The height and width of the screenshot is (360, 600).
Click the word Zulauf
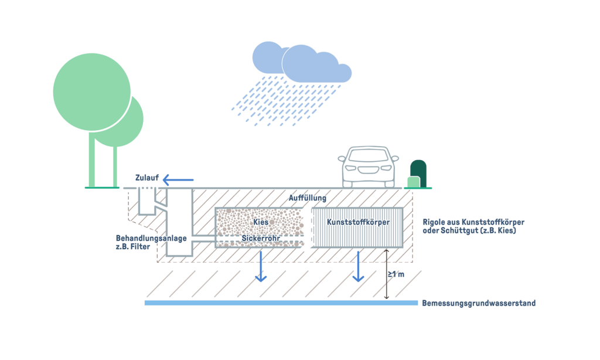pos(146,178)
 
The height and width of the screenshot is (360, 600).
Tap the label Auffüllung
pos(308,198)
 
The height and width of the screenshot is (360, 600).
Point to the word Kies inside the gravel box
pos(261,223)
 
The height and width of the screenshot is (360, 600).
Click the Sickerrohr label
pos(261,239)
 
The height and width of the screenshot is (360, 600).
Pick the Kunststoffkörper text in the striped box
pos(358,223)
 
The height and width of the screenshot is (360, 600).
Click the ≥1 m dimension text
pos(397,274)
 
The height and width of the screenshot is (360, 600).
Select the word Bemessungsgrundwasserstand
pos(479,303)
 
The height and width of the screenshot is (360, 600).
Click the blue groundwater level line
pos(281,303)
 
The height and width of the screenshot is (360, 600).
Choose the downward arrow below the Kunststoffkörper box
pos(358,267)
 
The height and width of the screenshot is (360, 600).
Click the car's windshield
pos(367,157)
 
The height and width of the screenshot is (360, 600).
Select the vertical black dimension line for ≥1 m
pos(386,274)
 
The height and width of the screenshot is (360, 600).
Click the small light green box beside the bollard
pos(414,182)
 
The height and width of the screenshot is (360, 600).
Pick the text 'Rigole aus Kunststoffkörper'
pos(473,223)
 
